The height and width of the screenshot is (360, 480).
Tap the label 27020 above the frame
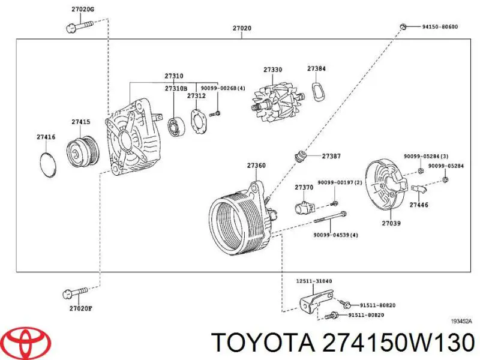tap(242, 28)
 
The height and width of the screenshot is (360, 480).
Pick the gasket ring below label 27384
tap(317, 91)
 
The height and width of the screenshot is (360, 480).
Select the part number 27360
tap(256, 166)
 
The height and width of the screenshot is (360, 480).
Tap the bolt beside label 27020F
tap(76, 293)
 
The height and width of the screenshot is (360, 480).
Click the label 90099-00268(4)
tap(223, 89)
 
